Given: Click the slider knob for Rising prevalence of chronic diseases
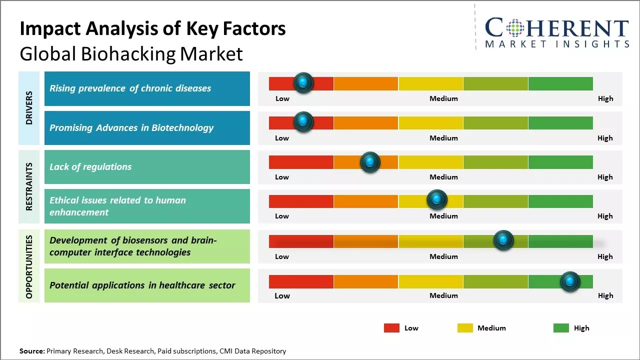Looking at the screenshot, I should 303,83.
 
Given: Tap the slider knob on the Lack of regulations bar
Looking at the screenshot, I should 370,162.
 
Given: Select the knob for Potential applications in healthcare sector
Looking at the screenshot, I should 570,281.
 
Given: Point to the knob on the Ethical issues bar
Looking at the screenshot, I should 437,200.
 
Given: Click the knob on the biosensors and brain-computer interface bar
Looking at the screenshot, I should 503,240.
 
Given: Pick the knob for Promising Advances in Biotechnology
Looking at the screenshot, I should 303,122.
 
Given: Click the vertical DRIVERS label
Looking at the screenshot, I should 29,107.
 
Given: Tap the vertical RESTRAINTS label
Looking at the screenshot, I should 29,186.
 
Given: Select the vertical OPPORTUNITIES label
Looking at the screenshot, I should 29,266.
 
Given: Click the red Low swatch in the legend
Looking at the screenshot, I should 391,328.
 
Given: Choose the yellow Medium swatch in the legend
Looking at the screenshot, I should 465,328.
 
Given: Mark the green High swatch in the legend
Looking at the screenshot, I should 561,328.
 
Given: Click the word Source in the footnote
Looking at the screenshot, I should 31,351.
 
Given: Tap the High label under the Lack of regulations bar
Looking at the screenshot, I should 605,177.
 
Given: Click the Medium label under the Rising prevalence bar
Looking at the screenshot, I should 443,98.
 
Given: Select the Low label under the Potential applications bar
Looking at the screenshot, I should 282,295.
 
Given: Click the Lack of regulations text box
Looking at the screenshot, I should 147,167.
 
